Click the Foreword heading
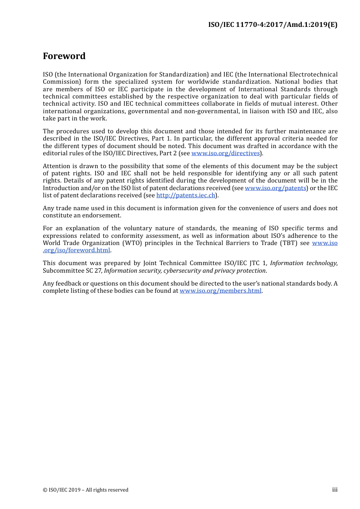point(64,56)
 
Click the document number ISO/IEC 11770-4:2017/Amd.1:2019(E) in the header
point(272,25)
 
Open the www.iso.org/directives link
point(225,153)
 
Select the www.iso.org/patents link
point(275,188)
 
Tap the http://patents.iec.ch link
point(186,195)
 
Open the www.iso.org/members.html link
point(221,291)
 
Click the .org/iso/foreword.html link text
point(77,250)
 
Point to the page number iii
point(335,490)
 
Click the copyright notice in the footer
point(86,490)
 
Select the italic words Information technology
point(303,263)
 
